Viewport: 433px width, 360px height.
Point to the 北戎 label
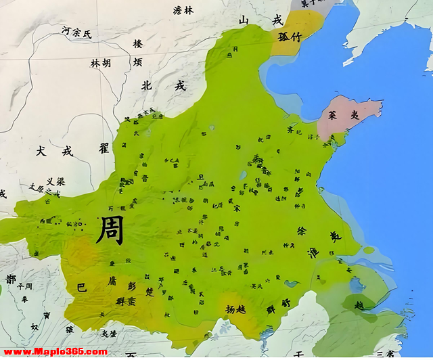[x=162, y=86]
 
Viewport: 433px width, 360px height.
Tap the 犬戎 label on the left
[x=55, y=151]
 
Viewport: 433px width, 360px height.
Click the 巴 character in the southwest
[x=82, y=287]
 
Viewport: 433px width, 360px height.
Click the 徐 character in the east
[x=302, y=231]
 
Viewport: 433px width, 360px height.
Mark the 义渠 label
[x=55, y=182]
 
